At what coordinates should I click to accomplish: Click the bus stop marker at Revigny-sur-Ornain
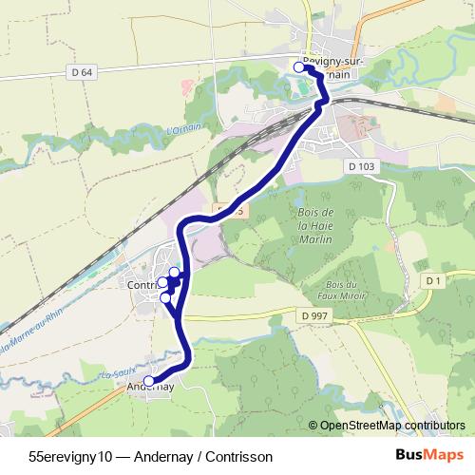pos(299,66)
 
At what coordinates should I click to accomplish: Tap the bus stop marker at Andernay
pos(149,381)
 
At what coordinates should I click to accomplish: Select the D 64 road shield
pos(83,71)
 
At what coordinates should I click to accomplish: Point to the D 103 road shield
pos(362,166)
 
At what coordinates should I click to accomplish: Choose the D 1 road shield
pos(434,280)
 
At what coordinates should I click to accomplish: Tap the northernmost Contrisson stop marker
pos(174,273)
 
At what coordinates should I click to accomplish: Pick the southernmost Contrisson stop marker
pos(166,297)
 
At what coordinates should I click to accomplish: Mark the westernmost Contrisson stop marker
pos(163,282)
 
